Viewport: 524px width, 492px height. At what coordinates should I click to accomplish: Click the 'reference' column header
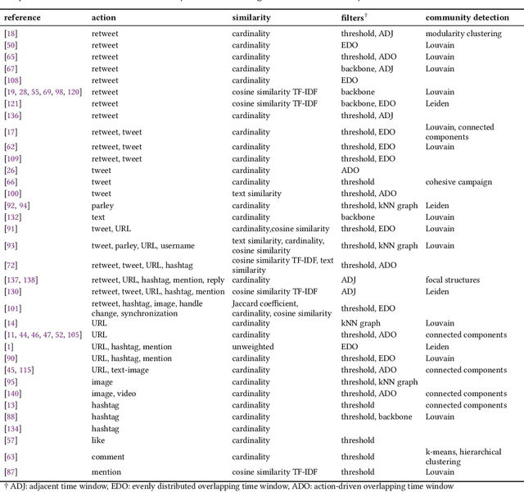(x=22, y=16)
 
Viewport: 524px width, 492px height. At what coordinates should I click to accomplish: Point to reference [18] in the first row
(x=11, y=34)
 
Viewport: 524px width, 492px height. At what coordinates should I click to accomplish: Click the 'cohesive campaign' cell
(x=454, y=182)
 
